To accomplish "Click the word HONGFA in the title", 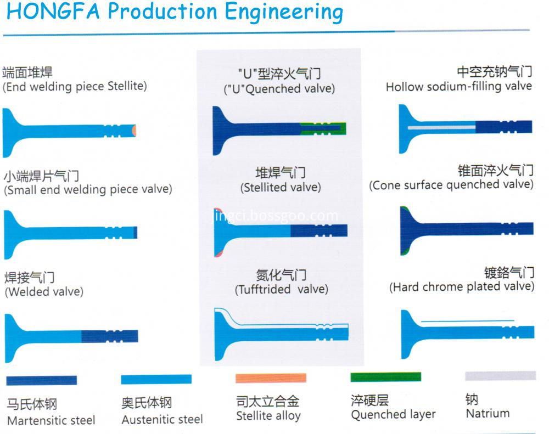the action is tap(53, 11).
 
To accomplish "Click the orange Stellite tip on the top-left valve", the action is tap(134, 131).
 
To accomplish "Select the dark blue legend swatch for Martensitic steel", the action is tap(41, 380).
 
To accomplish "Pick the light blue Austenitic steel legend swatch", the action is tap(156, 379).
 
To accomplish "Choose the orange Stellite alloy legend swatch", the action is tap(271, 378).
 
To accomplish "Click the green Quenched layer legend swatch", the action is tap(385, 377).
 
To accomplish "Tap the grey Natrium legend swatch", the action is tap(500, 375).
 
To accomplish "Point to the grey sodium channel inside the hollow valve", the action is tap(441, 127).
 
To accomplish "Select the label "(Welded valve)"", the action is tap(44, 291).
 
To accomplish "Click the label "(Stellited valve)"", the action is tap(281, 187).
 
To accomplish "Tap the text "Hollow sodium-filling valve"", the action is tap(458, 86).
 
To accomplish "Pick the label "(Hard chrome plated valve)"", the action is tap(462, 286).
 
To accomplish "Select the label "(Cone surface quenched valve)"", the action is tap(451, 184).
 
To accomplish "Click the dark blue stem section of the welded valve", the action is tap(110, 336).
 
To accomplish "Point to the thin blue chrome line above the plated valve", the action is tap(467, 320).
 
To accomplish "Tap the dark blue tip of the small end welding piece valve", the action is tap(135, 233).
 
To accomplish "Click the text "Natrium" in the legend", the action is tap(488, 413).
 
